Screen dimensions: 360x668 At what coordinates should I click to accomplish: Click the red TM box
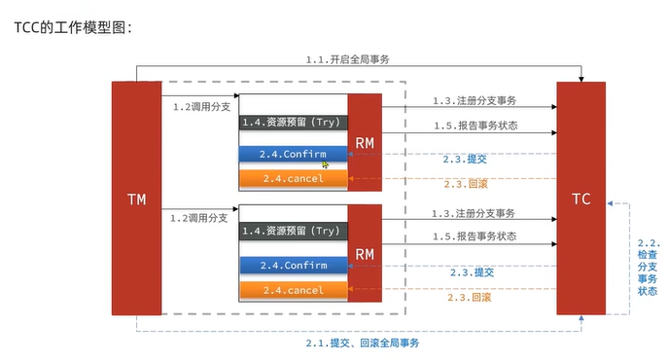pos(136,198)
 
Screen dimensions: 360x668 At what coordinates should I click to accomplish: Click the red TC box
pos(580,198)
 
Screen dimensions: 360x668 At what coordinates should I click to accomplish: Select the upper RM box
pos(365,142)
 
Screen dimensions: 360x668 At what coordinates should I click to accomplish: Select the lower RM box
pos(365,254)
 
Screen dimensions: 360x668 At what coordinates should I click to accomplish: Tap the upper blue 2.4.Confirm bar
pos(293,154)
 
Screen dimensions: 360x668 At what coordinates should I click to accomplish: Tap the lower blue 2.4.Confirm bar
pos(293,266)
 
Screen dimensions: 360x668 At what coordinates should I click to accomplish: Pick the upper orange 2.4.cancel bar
pos(293,178)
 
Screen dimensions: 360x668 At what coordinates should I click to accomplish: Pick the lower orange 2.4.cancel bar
pos(293,290)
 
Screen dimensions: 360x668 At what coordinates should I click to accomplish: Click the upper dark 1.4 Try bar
pos(293,123)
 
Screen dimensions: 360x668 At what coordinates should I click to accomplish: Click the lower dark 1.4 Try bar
pos(293,232)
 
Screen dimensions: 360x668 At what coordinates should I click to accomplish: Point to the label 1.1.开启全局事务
pos(347,59)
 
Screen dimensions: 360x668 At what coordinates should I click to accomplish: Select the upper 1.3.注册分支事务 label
pos(474,101)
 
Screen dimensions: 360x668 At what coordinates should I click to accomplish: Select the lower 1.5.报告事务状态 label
pos(474,236)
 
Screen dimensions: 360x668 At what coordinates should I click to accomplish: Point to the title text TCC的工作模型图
pos(72,27)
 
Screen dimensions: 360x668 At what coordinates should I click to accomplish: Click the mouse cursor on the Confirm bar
pos(325,163)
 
